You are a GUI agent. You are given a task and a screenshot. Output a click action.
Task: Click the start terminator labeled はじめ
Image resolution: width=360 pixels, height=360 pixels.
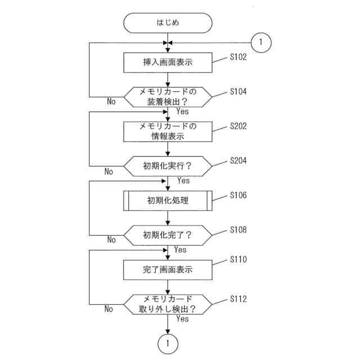(168, 23)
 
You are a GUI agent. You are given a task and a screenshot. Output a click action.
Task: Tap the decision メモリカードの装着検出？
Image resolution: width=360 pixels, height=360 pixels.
(168, 97)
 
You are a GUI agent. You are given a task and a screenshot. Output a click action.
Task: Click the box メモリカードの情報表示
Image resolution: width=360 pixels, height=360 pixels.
(168, 132)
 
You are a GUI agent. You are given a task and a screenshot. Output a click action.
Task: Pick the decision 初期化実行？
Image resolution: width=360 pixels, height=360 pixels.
(168, 166)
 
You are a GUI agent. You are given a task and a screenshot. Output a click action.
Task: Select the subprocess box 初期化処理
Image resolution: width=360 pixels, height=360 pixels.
(168, 201)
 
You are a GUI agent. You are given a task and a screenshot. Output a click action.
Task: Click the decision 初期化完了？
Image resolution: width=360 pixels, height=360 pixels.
(168, 235)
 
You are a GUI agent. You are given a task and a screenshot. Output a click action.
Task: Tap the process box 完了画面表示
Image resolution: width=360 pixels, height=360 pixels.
(168, 270)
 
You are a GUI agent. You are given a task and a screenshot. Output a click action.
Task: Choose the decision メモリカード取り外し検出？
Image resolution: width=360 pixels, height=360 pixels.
(168, 304)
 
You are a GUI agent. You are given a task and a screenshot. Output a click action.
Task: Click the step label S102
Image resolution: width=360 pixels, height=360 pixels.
(238, 57)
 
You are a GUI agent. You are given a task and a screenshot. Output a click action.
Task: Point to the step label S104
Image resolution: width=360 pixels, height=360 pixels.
(238, 92)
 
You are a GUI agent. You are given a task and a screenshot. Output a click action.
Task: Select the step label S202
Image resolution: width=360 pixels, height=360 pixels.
(238, 127)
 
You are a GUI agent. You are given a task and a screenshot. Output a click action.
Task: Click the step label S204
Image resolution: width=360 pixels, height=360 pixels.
(238, 161)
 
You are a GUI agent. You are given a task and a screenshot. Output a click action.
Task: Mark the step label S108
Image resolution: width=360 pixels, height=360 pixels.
(238, 230)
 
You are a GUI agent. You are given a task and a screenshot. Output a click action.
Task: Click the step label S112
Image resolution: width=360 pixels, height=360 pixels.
(238, 299)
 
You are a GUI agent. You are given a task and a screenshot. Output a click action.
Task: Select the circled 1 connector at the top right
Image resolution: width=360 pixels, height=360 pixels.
(262, 42)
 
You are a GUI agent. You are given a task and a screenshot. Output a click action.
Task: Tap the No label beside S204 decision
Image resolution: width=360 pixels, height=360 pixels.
(109, 172)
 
